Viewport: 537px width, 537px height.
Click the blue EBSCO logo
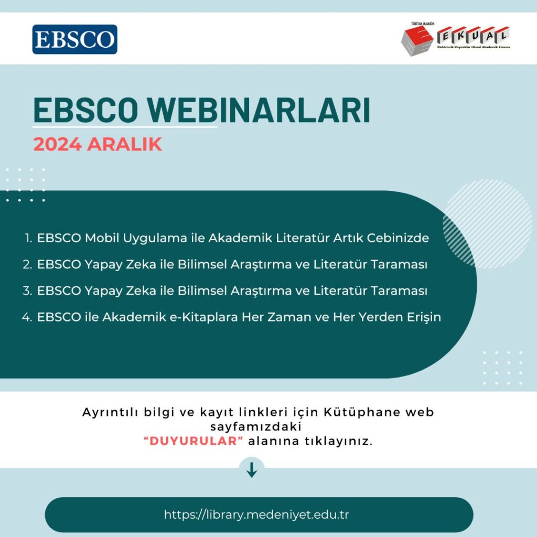click(74, 39)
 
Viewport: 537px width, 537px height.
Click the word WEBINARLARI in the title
click(259, 110)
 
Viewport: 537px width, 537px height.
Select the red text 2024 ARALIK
click(98, 144)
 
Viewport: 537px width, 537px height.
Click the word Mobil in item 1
click(102, 238)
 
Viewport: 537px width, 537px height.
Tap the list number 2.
click(27, 264)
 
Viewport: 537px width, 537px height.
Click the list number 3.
click(27, 291)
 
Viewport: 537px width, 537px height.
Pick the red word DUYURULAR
click(194, 441)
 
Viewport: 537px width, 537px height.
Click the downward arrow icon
click(252, 470)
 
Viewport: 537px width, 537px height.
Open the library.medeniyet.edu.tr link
click(256, 514)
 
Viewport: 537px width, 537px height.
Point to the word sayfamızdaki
click(256, 427)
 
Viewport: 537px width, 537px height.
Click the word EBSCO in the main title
click(85, 110)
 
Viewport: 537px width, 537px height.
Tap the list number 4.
click(27, 317)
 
